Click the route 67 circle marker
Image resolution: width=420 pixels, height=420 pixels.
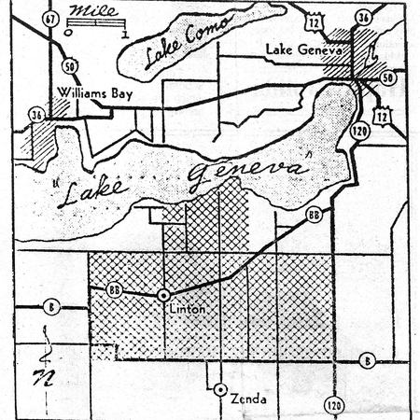(49, 20)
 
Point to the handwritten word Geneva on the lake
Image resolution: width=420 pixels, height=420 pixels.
(247, 172)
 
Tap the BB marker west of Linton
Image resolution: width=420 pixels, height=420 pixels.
(116, 289)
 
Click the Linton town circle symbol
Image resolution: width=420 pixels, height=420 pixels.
(163, 296)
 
